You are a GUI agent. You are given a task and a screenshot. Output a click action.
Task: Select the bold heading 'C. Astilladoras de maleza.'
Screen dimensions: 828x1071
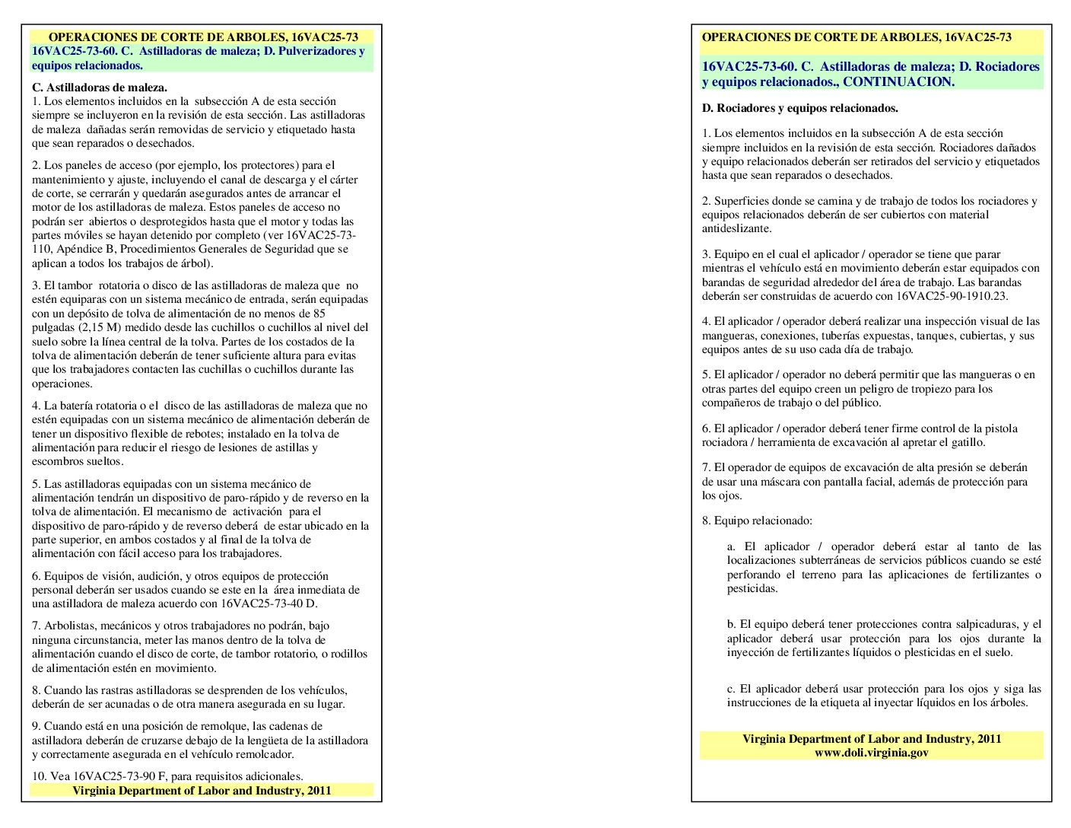tap(100, 88)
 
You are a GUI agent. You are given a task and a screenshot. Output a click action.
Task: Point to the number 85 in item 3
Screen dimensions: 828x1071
tap(319, 314)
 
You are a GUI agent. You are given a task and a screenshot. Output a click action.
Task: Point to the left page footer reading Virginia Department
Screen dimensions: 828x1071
tap(202, 791)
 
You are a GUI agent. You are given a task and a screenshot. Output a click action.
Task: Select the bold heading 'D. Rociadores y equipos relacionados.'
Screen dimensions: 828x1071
tap(799, 108)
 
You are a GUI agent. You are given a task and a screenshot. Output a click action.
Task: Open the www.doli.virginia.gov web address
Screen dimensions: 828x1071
tap(871, 752)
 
